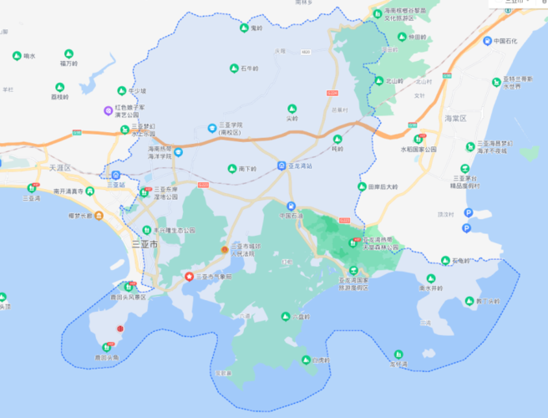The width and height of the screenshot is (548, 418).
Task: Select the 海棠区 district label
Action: tap(456, 119)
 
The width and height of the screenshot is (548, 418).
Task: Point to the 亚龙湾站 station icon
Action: tap(282, 166)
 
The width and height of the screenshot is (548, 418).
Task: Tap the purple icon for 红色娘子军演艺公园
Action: tap(107, 110)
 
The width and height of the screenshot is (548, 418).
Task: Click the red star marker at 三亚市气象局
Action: tap(189, 276)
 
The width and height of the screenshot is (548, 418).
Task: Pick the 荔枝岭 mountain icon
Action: tap(59, 87)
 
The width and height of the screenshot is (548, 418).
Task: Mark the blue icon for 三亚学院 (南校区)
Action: tap(211, 128)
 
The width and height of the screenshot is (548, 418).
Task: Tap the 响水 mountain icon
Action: tap(17, 56)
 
